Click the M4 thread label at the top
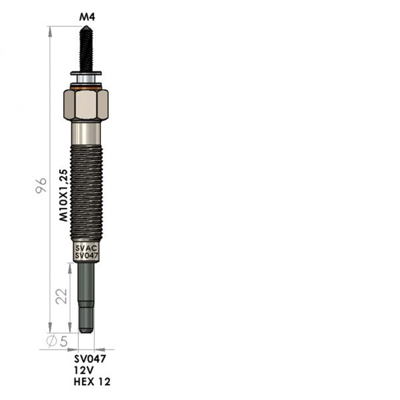(87, 17)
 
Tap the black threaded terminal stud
(86, 48)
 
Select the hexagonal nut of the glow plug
(86, 104)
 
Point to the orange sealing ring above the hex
(86, 88)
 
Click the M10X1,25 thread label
(64, 195)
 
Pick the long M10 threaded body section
(86, 193)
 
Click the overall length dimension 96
(41, 186)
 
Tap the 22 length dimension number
(62, 296)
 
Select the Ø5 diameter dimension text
(57, 341)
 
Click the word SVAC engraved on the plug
(86, 248)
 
